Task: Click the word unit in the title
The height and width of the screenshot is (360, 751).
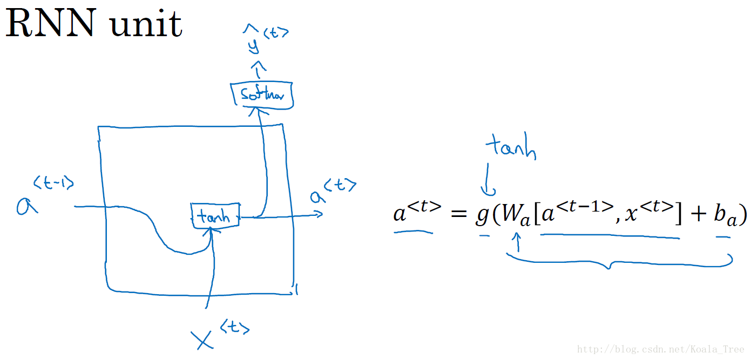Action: [145, 24]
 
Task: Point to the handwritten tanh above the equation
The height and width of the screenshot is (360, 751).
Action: [510, 147]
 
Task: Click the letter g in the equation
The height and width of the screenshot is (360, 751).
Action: [482, 214]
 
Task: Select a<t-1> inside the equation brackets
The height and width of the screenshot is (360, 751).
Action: [576, 212]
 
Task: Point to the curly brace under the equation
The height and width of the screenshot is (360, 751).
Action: [619, 262]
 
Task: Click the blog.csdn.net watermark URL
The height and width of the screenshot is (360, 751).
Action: [662, 349]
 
